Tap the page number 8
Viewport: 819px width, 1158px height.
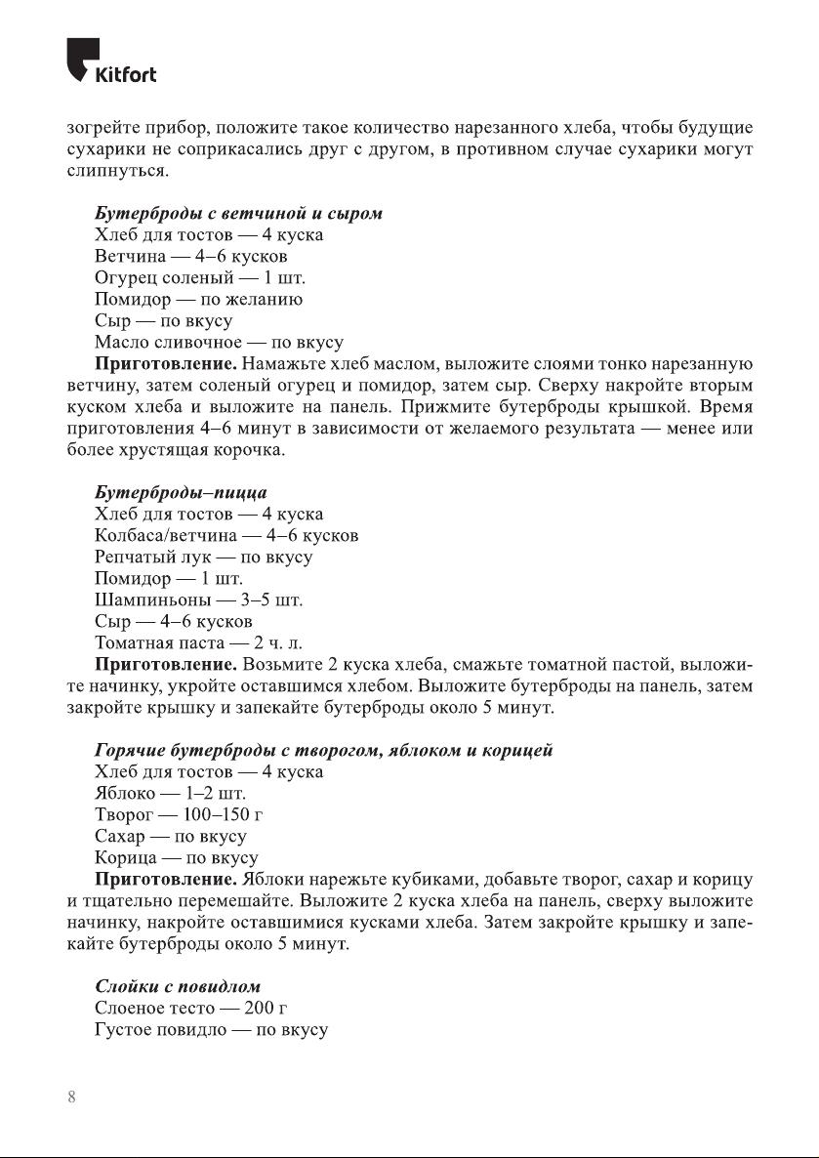coord(71,1096)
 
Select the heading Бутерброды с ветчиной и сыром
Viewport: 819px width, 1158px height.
coord(238,213)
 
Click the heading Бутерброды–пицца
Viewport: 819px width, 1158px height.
coord(181,492)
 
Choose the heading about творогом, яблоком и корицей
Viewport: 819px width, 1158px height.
coord(324,750)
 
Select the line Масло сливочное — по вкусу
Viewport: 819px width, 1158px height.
coord(219,342)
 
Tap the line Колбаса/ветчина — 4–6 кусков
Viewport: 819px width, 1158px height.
coord(226,535)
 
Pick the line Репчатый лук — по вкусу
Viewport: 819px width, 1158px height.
coord(203,557)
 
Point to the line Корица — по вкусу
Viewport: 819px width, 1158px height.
coord(176,857)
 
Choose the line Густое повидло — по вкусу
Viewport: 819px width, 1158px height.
coord(211,1029)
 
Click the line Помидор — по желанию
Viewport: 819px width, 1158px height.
coord(198,299)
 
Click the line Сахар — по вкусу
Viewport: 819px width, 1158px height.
coord(170,836)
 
